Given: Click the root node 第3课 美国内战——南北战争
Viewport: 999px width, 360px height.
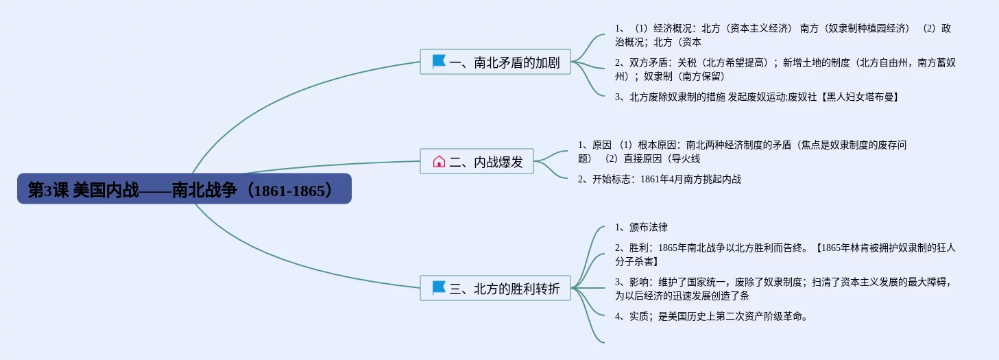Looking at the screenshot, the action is [x=184, y=189].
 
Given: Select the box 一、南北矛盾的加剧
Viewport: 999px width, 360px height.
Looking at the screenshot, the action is [x=495, y=62].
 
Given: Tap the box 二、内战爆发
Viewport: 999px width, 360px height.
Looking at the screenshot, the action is [x=477, y=161].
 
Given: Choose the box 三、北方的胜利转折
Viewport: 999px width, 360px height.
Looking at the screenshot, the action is [x=495, y=288].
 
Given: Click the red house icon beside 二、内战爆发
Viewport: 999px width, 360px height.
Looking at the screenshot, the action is [x=439, y=161].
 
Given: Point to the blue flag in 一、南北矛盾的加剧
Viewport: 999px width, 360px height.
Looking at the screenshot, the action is [x=439, y=61].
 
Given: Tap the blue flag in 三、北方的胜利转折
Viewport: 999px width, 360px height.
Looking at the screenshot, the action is [x=439, y=288].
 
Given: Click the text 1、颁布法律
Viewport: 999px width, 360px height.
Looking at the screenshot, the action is [x=641, y=227].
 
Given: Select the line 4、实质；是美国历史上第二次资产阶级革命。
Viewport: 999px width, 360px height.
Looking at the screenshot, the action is [x=711, y=316].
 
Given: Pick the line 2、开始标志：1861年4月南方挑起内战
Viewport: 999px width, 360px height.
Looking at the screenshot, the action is [x=660, y=180].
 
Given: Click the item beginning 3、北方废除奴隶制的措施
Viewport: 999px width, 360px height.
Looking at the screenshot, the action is [x=757, y=97].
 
